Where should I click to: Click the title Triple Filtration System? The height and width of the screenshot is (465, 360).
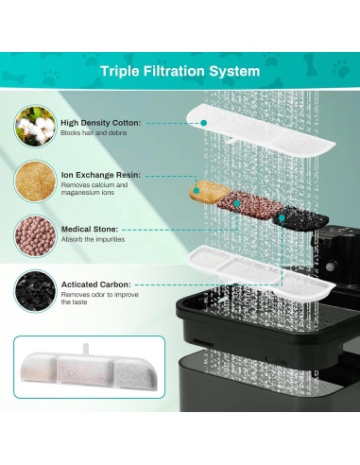[x=180, y=70]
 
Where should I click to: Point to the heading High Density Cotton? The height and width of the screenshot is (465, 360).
[x=99, y=122]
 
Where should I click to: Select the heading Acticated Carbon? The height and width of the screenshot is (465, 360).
[x=96, y=284]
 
